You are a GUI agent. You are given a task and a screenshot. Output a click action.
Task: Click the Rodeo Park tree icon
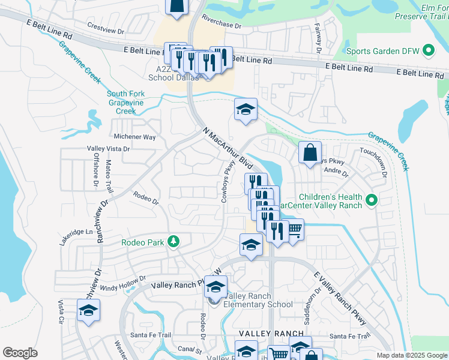pos(173,241)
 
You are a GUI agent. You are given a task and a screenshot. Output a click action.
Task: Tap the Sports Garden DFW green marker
pos(429,50)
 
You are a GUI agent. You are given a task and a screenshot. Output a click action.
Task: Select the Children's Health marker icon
pos(370,200)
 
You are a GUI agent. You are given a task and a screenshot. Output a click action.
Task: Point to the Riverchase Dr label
pos(221,24)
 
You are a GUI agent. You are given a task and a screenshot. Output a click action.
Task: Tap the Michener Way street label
pos(135,137)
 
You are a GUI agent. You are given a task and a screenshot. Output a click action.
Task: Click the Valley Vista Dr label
pos(108,148)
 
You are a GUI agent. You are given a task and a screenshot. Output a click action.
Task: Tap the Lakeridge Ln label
pos(77,232)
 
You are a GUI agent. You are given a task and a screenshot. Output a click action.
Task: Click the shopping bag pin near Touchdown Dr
pos(310,152)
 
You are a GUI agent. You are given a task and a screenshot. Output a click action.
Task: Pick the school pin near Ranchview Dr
pos(88,310)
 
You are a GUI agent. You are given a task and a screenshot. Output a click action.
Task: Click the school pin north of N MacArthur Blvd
pos(245,109)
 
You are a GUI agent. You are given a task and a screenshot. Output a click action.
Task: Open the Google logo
pos(20,353)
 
